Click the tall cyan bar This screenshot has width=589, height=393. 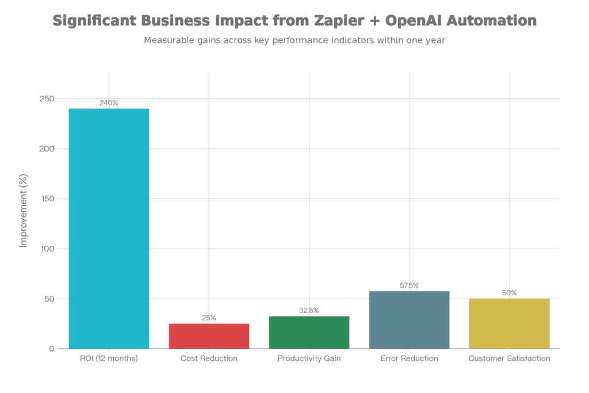[x=109, y=227]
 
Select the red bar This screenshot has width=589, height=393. [x=209, y=335]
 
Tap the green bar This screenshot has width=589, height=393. [x=309, y=331]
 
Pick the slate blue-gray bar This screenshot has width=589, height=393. [x=409, y=319]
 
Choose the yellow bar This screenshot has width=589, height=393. [x=510, y=323]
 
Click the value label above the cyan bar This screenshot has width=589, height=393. [x=108, y=103]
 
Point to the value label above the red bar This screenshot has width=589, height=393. [x=207, y=318]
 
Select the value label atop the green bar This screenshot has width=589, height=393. [x=310, y=310]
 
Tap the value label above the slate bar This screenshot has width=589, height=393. [x=408, y=285]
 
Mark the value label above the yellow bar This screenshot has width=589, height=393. [x=510, y=292]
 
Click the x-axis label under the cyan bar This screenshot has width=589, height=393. [x=108, y=359]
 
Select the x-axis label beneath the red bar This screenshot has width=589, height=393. [x=209, y=359]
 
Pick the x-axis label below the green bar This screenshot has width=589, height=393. [x=310, y=359]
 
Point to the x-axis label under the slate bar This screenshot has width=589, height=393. [x=409, y=359]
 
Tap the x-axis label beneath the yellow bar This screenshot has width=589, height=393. [x=508, y=359]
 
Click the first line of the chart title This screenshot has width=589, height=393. [x=294, y=21]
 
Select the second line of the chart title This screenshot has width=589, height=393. [x=294, y=40]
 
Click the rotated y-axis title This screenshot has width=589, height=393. [x=24, y=208]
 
